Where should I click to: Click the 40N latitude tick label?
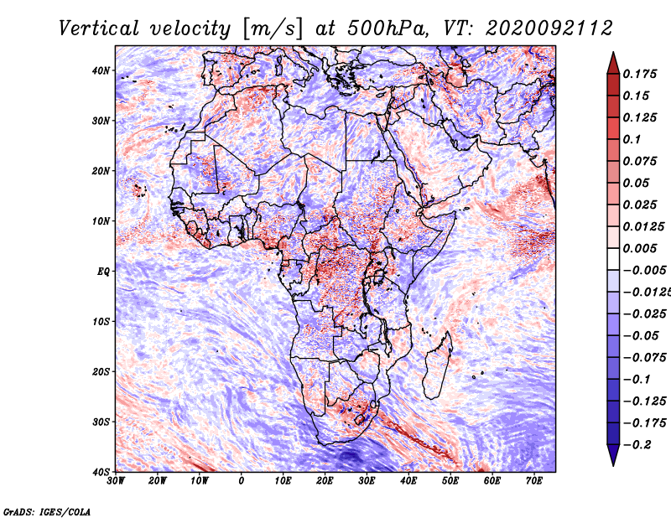(101, 70)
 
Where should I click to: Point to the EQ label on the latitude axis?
(102, 272)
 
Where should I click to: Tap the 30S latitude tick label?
(101, 422)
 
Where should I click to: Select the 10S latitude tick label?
(101, 322)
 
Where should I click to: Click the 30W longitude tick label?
(116, 481)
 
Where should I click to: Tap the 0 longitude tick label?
(242, 481)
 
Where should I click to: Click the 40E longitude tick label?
(409, 481)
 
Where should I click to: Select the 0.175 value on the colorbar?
(639, 74)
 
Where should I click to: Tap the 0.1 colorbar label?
(632, 139)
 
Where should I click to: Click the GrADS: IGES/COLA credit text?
(46, 510)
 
